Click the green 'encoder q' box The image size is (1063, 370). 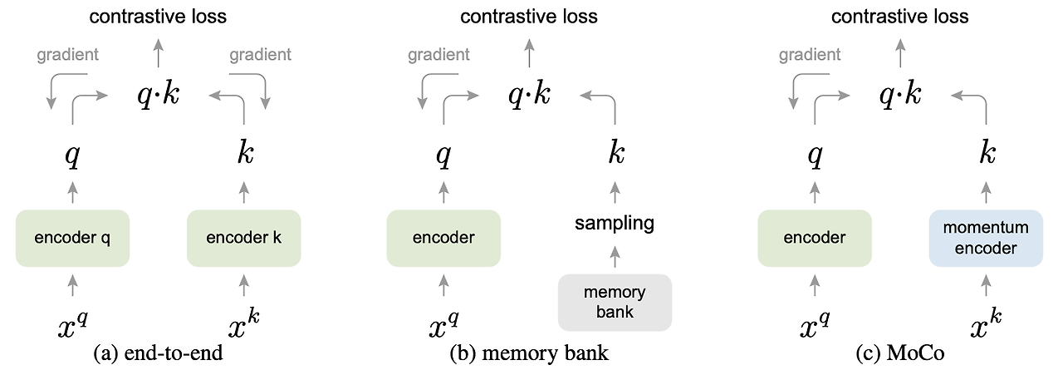[x=72, y=238]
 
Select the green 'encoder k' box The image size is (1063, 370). [x=243, y=238]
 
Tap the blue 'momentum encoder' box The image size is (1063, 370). [x=985, y=238]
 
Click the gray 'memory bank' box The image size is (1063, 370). [x=614, y=302]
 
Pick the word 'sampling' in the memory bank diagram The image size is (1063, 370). [x=614, y=223]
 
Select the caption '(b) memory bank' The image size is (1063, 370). [x=529, y=353]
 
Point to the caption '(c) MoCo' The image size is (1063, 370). [x=899, y=353]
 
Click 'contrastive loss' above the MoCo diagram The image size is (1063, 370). [x=900, y=16]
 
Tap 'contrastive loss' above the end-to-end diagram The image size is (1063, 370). [x=158, y=16]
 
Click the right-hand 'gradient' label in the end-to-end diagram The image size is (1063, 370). [x=260, y=55]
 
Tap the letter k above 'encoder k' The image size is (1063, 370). [x=244, y=154]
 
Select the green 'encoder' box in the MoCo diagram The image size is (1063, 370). [x=815, y=238]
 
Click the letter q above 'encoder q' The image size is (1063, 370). [x=72, y=155]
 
